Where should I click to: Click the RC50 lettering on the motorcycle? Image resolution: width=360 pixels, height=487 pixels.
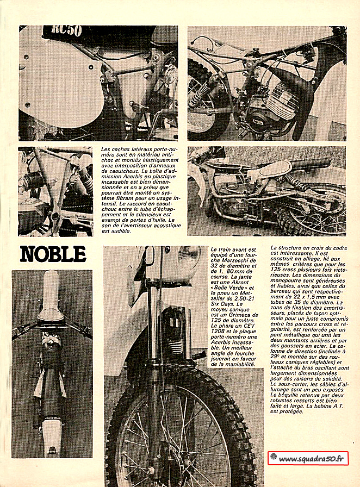[x=67, y=31]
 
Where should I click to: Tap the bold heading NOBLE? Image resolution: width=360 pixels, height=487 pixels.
[x=53, y=254]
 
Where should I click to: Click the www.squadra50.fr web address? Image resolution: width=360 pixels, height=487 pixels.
[x=312, y=459]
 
